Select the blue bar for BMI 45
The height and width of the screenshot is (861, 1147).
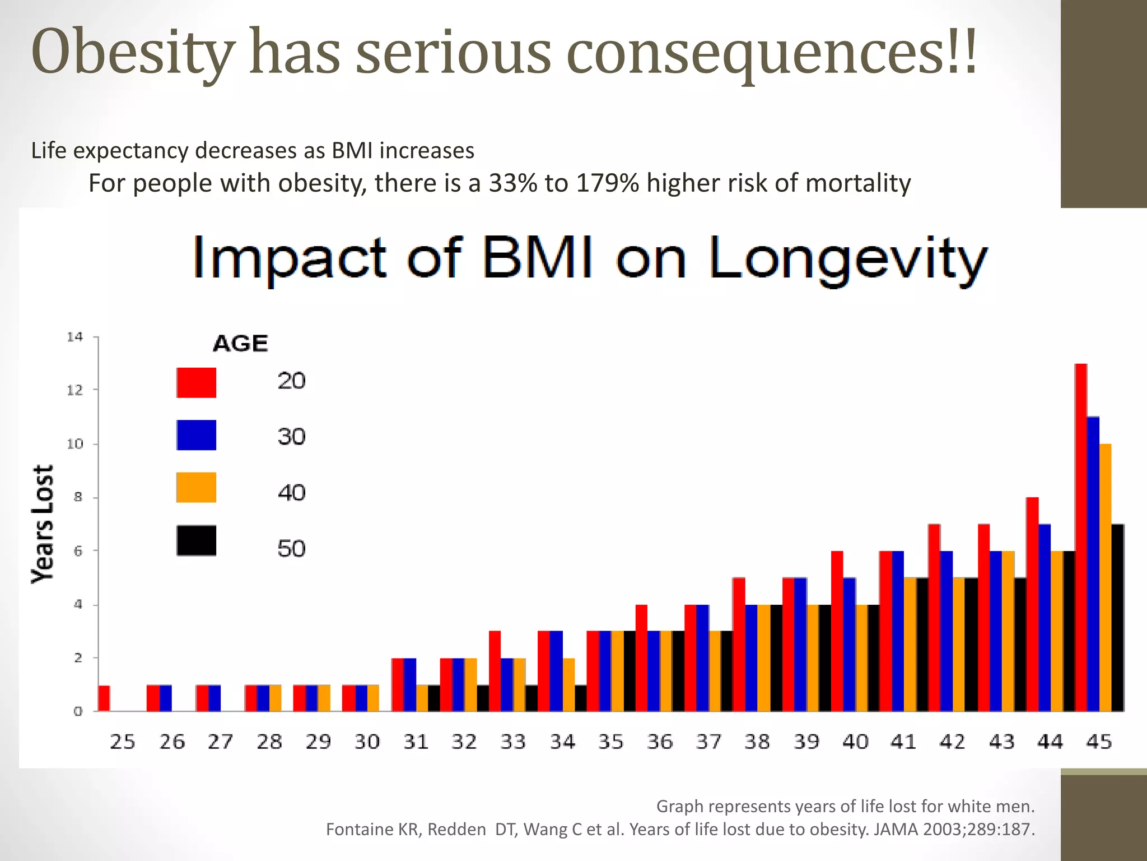click(x=1093, y=563)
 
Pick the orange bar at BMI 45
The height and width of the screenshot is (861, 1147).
click(x=1106, y=577)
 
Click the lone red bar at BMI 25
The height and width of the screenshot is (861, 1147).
click(x=104, y=698)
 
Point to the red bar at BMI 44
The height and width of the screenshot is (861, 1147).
click(x=1032, y=604)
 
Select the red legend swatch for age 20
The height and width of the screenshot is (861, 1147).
click(x=196, y=383)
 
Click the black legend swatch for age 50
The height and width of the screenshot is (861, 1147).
click(x=196, y=540)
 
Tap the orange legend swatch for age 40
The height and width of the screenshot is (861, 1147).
click(x=196, y=487)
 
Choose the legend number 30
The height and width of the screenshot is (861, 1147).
click(x=291, y=437)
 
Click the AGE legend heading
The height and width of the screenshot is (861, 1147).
click(x=240, y=343)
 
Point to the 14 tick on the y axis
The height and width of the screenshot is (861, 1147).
click(x=74, y=337)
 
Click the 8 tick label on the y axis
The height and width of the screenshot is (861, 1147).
click(x=78, y=497)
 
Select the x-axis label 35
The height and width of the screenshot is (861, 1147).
click(x=610, y=742)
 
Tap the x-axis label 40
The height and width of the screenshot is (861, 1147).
click(x=855, y=742)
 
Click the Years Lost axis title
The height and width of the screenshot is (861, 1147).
click(x=43, y=524)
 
